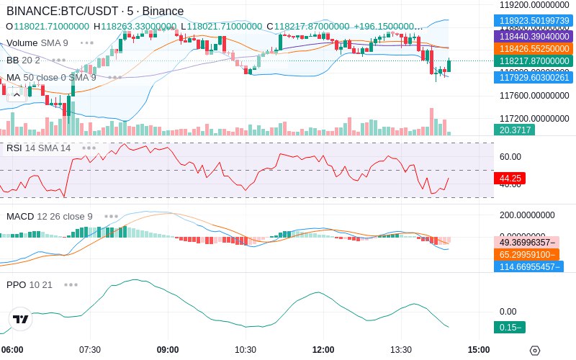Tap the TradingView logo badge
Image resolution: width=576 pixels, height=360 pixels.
(x=21, y=319)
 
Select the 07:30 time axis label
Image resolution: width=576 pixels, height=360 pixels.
(x=90, y=350)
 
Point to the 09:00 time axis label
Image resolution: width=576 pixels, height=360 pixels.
(x=168, y=350)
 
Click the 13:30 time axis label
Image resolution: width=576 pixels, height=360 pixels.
(x=401, y=350)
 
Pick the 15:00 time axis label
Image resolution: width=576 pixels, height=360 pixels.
(x=479, y=350)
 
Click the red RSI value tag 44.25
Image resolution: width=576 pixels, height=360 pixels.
(x=509, y=178)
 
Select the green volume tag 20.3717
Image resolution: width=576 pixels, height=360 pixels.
(x=513, y=130)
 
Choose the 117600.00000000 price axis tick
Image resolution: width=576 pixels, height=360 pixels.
(x=534, y=95)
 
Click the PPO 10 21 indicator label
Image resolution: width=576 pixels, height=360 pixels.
(x=30, y=284)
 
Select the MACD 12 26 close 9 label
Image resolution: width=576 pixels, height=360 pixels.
(x=50, y=216)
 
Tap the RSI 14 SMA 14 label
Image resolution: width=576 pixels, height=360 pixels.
(x=39, y=148)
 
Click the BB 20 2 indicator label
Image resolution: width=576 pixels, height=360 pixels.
(x=23, y=60)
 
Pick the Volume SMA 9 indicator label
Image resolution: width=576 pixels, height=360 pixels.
(x=37, y=42)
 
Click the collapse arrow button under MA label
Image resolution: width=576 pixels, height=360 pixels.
(x=16, y=92)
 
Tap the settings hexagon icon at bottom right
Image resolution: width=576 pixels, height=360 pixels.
(x=534, y=351)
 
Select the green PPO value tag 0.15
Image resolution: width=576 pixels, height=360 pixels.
(x=509, y=328)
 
